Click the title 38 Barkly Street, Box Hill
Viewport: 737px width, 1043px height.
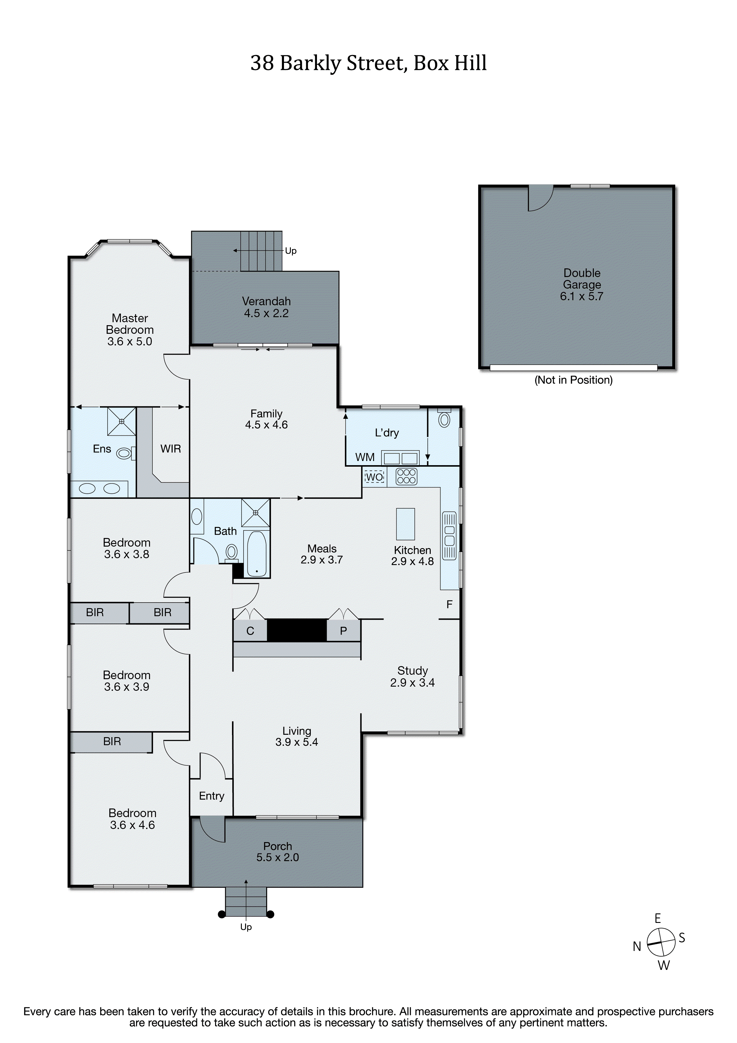coord(368,63)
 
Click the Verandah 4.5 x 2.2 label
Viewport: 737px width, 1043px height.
coord(266,307)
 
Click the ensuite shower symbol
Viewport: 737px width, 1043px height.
coord(121,421)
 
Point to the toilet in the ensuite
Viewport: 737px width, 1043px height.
coord(124,453)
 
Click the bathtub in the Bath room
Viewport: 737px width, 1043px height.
coord(257,554)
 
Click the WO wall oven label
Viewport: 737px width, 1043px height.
coord(375,476)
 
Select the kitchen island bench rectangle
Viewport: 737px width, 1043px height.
coord(405,524)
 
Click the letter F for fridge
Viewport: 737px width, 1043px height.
coord(449,604)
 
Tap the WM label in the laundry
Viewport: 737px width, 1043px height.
coord(365,457)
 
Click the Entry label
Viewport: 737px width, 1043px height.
coord(212,796)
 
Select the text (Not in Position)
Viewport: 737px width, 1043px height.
coord(573,380)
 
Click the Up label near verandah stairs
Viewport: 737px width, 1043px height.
coord(291,251)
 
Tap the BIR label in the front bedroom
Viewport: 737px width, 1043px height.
coord(112,741)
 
